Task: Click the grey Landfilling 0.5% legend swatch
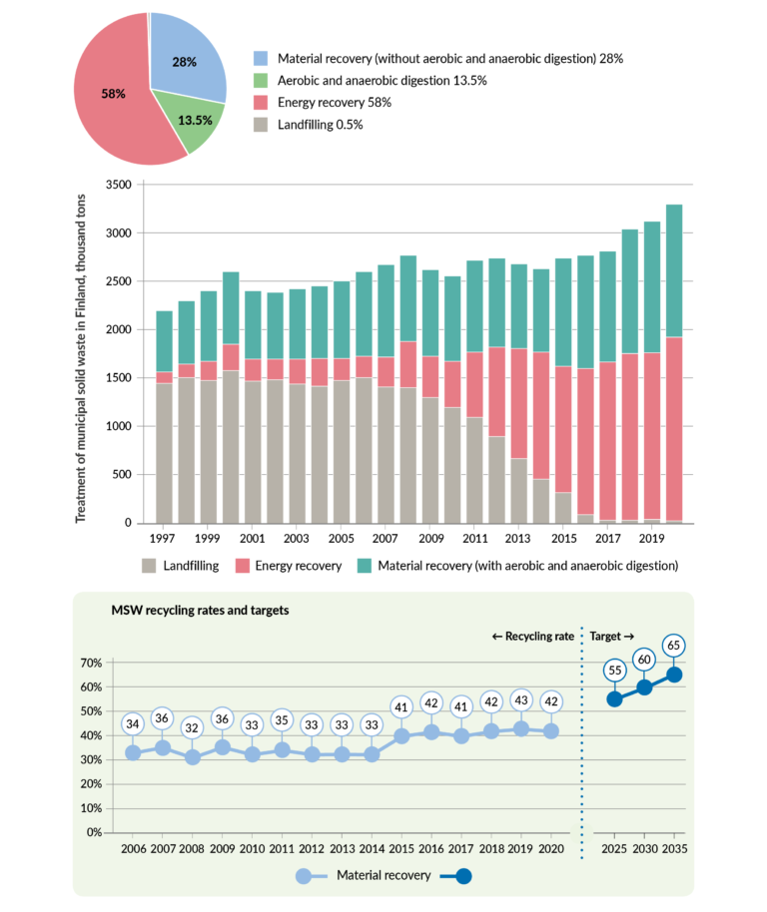point(263,125)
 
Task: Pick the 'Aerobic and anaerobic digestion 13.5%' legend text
point(378,81)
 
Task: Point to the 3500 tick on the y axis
point(117,185)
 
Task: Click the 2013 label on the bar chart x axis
point(517,537)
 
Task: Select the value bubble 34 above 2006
point(133,723)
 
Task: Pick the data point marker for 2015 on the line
point(401,736)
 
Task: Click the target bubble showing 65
point(674,646)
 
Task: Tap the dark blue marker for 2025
point(614,699)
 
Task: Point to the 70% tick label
point(90,663)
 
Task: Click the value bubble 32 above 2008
point(193,728)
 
